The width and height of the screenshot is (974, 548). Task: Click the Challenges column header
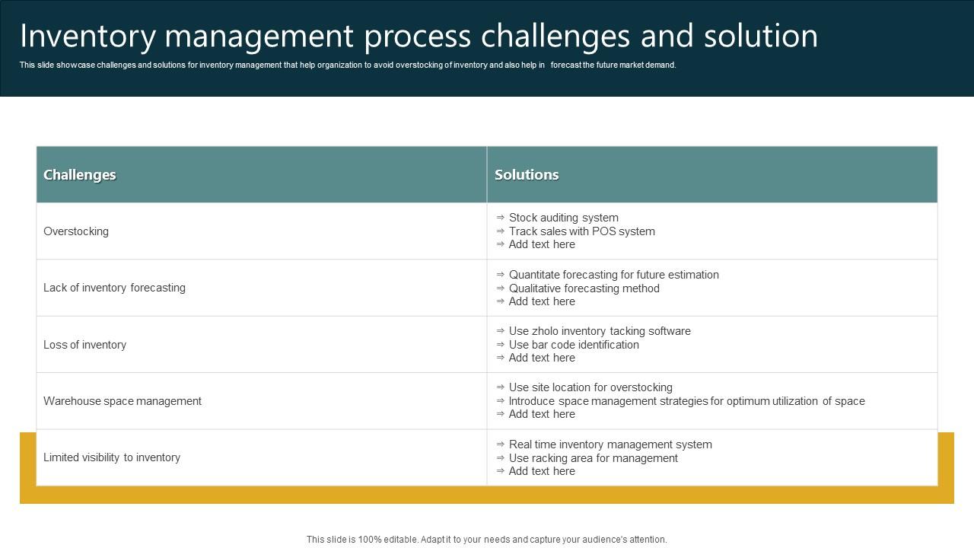80,174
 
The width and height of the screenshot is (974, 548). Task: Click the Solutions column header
527,174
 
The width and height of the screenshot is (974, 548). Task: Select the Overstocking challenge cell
76,231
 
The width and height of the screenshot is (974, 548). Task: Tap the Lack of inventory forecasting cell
114,288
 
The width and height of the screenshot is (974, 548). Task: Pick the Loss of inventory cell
84,345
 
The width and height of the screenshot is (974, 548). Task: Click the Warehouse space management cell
123,401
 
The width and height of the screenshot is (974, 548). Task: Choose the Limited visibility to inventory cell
112,457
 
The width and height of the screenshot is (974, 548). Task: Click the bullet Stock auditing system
563,218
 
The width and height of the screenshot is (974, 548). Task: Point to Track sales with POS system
581,231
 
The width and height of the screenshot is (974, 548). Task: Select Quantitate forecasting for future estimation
613,275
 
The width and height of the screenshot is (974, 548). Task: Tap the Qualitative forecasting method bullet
584,288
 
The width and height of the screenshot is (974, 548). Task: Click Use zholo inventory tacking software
600,331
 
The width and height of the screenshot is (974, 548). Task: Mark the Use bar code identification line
574,345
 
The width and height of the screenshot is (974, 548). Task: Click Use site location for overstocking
590,387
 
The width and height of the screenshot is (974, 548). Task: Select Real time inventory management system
610,444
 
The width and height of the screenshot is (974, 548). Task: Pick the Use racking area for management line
593,458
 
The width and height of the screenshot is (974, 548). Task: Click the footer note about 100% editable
486,540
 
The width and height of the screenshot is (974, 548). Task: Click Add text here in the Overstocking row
542,244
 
